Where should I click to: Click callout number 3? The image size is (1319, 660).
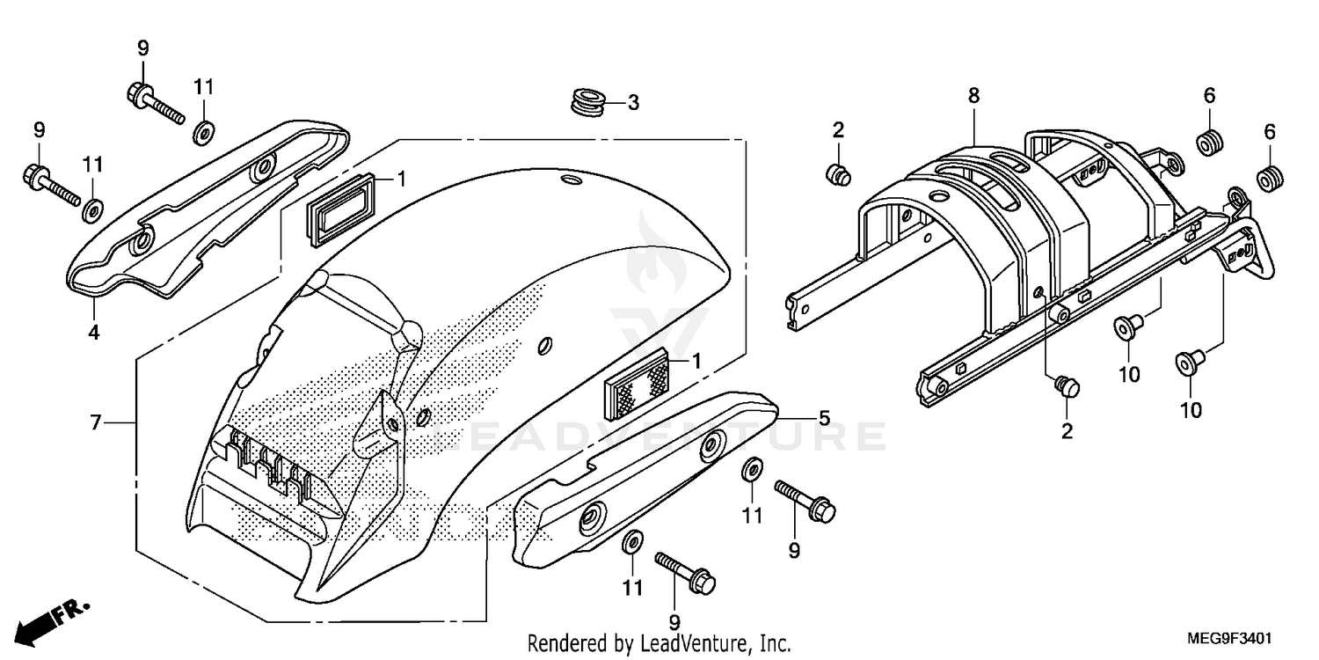pyautogui.click(x=633, y=103)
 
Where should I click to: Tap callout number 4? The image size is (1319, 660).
pyautogui.click(x=93, y=332)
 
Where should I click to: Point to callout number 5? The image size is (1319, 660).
pyautogui.click(x=823, y=418)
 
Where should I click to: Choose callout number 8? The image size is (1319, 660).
pyautogui.click(x=973, y=95)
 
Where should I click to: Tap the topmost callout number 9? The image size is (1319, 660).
pyautogui.click(x=142, y=48)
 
